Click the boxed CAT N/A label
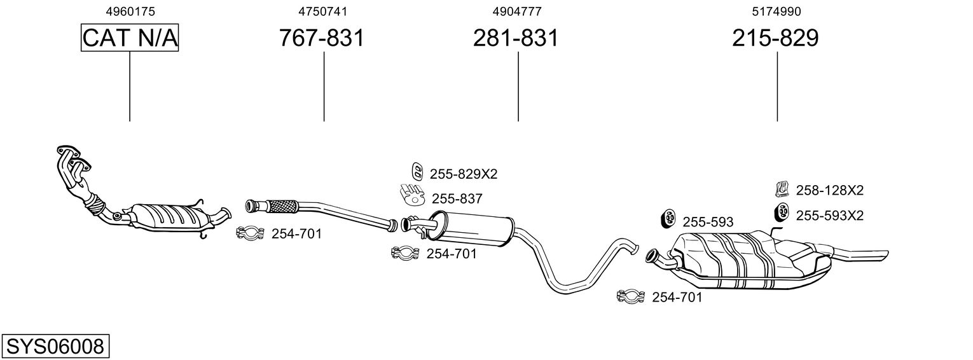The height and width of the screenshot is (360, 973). tap(130, 38)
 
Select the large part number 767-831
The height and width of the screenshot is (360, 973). tap(321, 38)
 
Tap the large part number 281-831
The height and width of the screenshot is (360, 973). tap(516, 38)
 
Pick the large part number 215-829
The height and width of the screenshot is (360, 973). tap(775, 38)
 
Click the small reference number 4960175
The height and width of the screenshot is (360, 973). tap(130, 11)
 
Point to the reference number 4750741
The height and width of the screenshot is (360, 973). tap(322, 11)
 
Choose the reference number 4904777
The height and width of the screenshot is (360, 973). tap(517, 11)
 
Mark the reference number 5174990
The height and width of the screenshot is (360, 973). tap(776, 11)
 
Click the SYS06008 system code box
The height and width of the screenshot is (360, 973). tap(55, 347)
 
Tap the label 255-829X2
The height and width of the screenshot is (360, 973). tap(464, 174)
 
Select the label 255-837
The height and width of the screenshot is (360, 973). tap(457, 199)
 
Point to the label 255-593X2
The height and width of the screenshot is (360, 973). tap(830, 216)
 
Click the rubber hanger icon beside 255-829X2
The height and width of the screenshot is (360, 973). tap(417, 171)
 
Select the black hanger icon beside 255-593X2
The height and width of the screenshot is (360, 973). tap(782, 212)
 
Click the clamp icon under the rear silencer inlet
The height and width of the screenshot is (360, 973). tap(630, 296)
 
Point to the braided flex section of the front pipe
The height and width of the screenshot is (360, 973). tap(282, 206)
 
